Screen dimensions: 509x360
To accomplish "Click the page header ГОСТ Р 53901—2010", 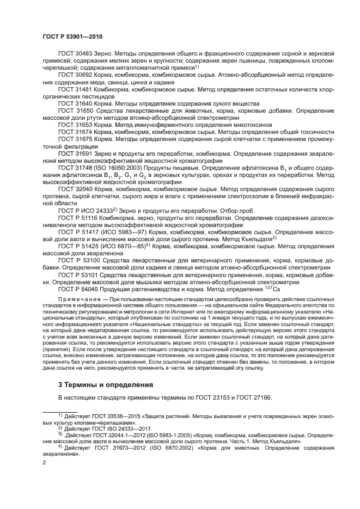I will [x=72, y=36].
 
